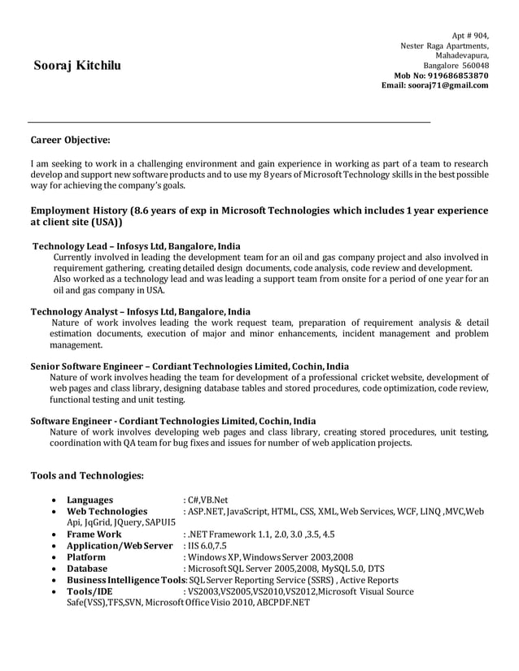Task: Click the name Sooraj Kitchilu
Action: click(x=76, y=65)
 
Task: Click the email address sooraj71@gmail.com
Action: click(x=447, y=85)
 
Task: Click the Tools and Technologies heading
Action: click(x=87, y=474)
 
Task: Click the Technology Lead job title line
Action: click(x=136, y=246)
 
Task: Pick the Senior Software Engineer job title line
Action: click(x=190, y=366)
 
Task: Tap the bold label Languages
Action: click(x=90, y=500)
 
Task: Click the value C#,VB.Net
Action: click(x=208, y=500)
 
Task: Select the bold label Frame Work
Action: click(x=94, y=535)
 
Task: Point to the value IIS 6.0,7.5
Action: click(x=208, y=546)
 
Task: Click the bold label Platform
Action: click(x=86, y=557)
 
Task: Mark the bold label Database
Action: click(x=87, y=569)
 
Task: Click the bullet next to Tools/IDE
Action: click(x=53, y=592)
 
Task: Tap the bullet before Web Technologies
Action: click(x=53, y=511)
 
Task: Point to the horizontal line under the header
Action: click(x=228, y=121)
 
